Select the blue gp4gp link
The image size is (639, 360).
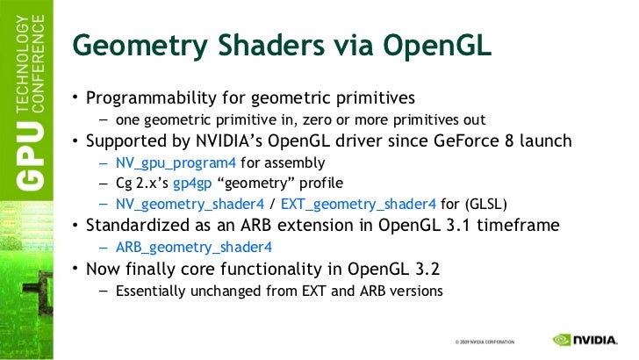click(x=189, y=184)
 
